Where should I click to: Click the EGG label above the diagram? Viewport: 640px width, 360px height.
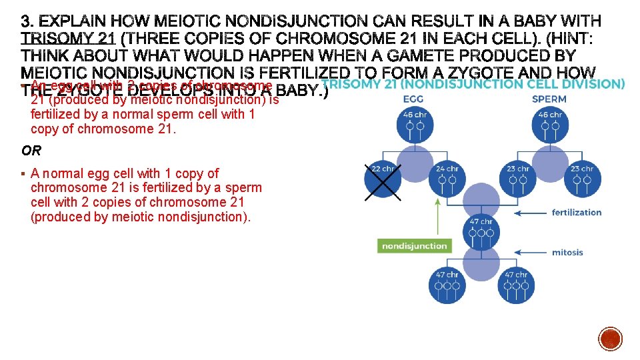pyautogui.click(x=413, y=99)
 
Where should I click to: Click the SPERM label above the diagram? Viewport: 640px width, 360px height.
pyautogui.click(x=549, y=99)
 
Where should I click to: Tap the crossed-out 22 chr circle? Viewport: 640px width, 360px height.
pyautogui.click(x=383, y=177)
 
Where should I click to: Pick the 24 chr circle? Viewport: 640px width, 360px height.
pyautogui.click(x=447, y=177)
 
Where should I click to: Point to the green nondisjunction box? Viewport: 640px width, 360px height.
pyautogui.click(x=414, y=246)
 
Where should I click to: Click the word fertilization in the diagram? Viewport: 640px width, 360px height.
pyautogui.click(x=576, y=213)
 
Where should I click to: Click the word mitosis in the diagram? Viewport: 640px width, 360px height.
pyautogui.click(x=567, y=253)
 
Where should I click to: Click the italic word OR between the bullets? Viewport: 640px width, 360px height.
pyautogui.click(x=31, y=151)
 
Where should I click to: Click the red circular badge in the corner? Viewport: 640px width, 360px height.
pyautogui.click(x=611, y=339)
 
